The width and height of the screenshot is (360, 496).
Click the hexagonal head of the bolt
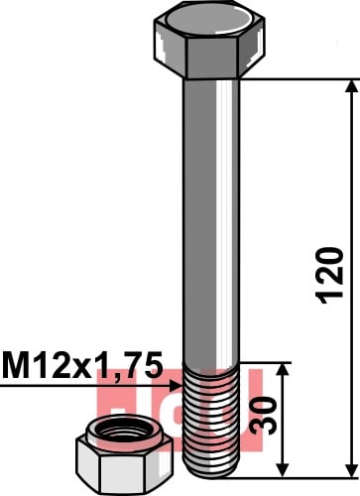click(209, 40)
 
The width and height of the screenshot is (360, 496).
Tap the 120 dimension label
click(329, 275)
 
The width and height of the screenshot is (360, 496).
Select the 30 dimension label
click(264, 416)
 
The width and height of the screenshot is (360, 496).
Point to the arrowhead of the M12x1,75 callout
click(176, 385)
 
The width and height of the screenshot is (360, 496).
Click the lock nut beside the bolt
click(124, 455)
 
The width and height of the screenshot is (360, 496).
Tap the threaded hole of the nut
click(124, 430)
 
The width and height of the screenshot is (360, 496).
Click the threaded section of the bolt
click(211, 420)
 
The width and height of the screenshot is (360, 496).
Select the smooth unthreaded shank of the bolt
click(211, 221)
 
